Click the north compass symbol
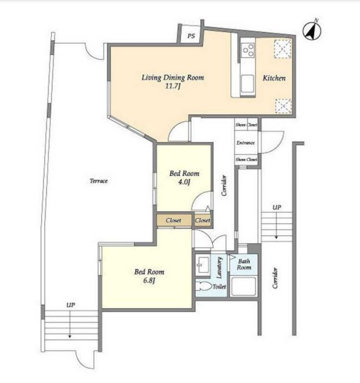coord(312,31)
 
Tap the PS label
coord(191,36)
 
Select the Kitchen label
coord(274,78)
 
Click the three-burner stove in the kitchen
coord(248,50)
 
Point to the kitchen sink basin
coord(248,83)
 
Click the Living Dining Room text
coord(173,78)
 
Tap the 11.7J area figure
coord(173,86)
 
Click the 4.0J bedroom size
coord(184,182)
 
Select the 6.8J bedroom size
coord(149,281)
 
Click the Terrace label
coord(99,181)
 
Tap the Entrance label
coord(246,143)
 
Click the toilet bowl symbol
coord(204,287)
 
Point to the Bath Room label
coord(244,264)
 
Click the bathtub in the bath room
coord(243,287)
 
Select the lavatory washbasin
coord(202,265)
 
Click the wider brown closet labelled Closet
coord(174,220)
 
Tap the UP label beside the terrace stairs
coord(71,305)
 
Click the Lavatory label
coord(219,268)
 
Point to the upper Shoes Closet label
coord(246,125)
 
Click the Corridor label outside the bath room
coord(276,278)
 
